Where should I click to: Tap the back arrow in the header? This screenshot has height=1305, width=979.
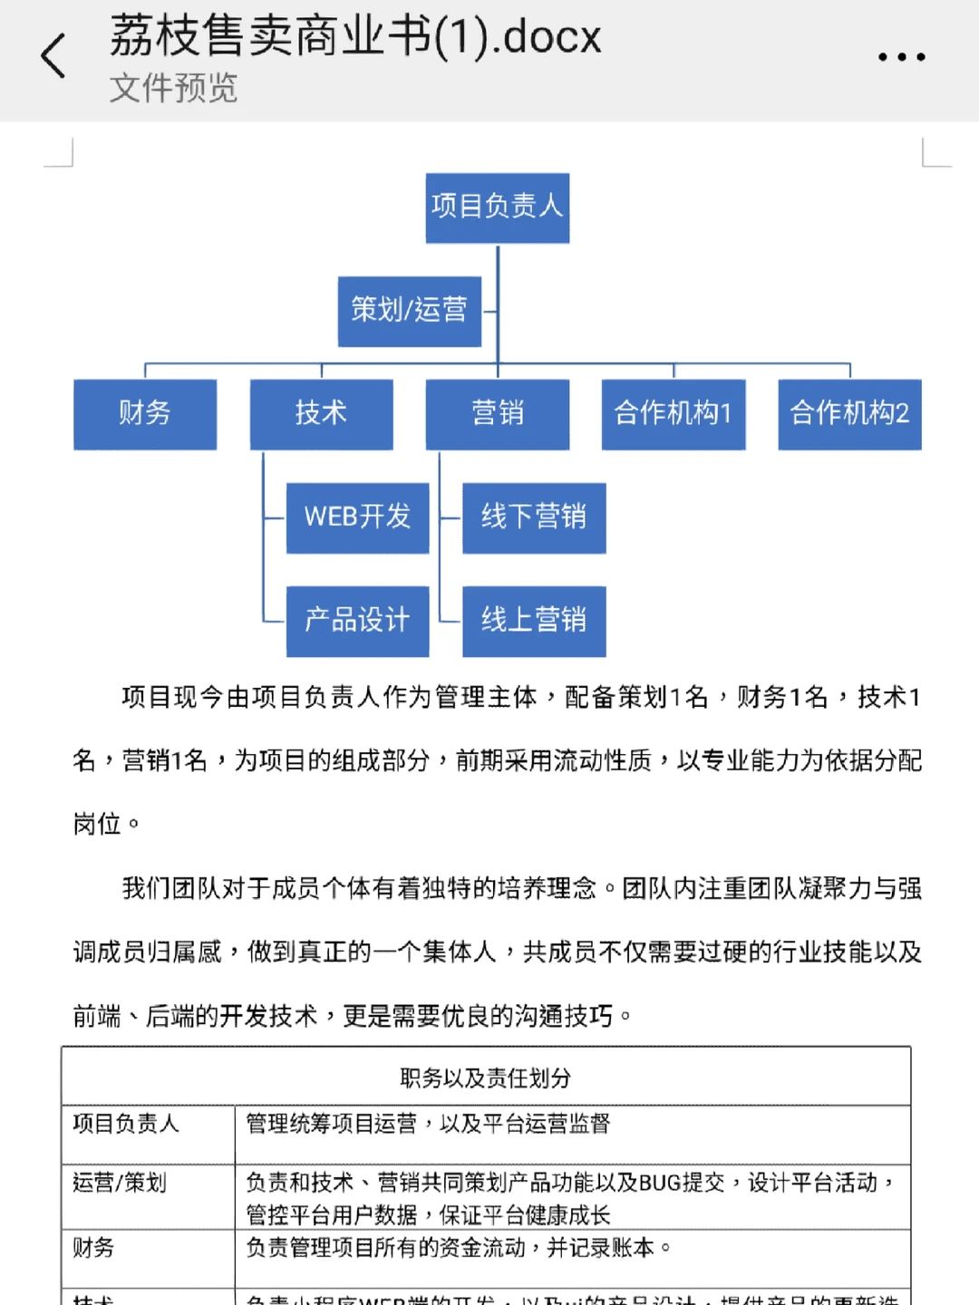pos(53,56)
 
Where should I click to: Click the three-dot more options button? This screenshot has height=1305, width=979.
pos(901,57)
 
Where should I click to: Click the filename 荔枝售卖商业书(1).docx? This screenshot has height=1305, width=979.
pos(355,37)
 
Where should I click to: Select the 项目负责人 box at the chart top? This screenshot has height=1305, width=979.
pos(498,208)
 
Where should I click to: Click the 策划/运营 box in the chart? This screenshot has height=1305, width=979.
pos(410,311)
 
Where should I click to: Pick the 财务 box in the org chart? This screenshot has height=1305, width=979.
pos(145,414)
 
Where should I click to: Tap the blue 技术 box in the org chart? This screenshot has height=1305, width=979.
pos(321,414)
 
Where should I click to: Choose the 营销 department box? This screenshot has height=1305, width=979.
pos(498,414)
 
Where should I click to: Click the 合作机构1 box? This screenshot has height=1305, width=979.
pos(674,414)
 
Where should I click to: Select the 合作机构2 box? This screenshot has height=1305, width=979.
pos(849,414)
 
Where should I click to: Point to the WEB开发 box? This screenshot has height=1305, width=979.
pos(357,517)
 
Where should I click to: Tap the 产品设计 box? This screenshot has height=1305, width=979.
pos(357,621)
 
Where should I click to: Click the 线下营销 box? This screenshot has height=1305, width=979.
pos(534,517)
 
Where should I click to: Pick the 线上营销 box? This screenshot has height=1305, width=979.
pos(534,621)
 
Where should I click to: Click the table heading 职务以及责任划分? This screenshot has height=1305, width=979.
pos(486,1078)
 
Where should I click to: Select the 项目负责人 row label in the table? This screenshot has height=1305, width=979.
pos(126,1124)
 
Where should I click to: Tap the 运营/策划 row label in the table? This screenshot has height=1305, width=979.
pos(120,1183)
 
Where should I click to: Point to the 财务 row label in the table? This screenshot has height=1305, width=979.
pos(93,1248)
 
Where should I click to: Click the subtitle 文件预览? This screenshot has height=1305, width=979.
pos(173,89)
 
